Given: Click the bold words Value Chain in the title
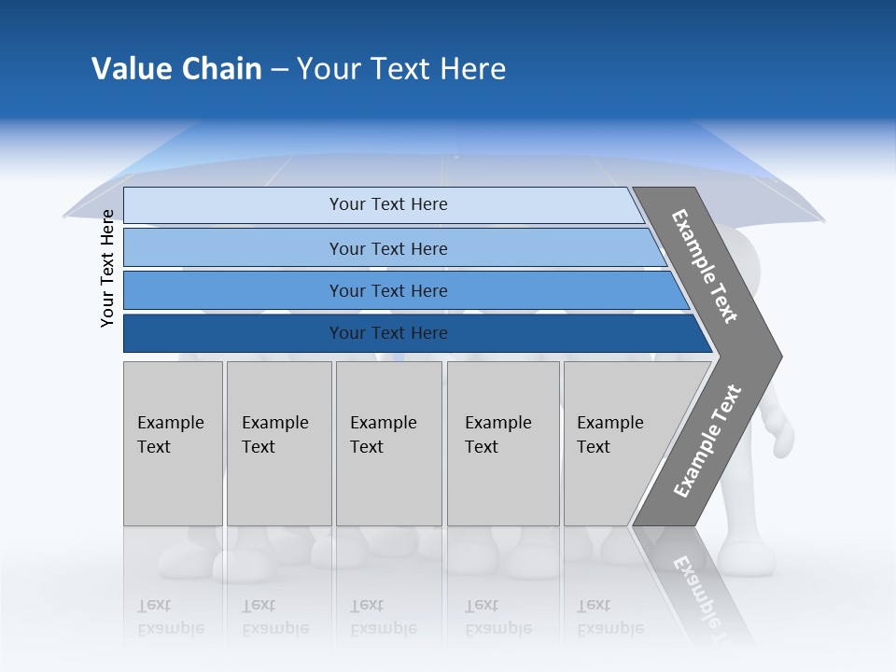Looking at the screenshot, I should (x=176, y=69).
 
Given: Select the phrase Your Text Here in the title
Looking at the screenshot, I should (x=401, y=69).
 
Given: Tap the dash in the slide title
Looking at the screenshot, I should (x=279, y=70).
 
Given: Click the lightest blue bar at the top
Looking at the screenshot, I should (x=387, y=204).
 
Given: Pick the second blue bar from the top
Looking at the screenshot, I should (x=387, y=248).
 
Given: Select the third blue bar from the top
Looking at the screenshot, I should (x=387, y=290).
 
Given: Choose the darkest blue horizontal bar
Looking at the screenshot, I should (x=387, y=333).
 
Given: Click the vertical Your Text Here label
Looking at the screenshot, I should (x=107, y=268).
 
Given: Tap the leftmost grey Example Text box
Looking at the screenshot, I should (x=173, y=442).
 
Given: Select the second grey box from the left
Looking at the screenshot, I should (x=278, y=442).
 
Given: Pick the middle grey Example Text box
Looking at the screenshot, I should (x=388, y=442).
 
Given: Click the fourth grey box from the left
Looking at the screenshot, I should (x=502, y=442).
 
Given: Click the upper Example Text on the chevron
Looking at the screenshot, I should (x=705, y=266).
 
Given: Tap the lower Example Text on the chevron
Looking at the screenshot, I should (x=707, y=441).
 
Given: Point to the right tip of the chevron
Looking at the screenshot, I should (x=779, y=356).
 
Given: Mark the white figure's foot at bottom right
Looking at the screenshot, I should (x=747, y=560).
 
